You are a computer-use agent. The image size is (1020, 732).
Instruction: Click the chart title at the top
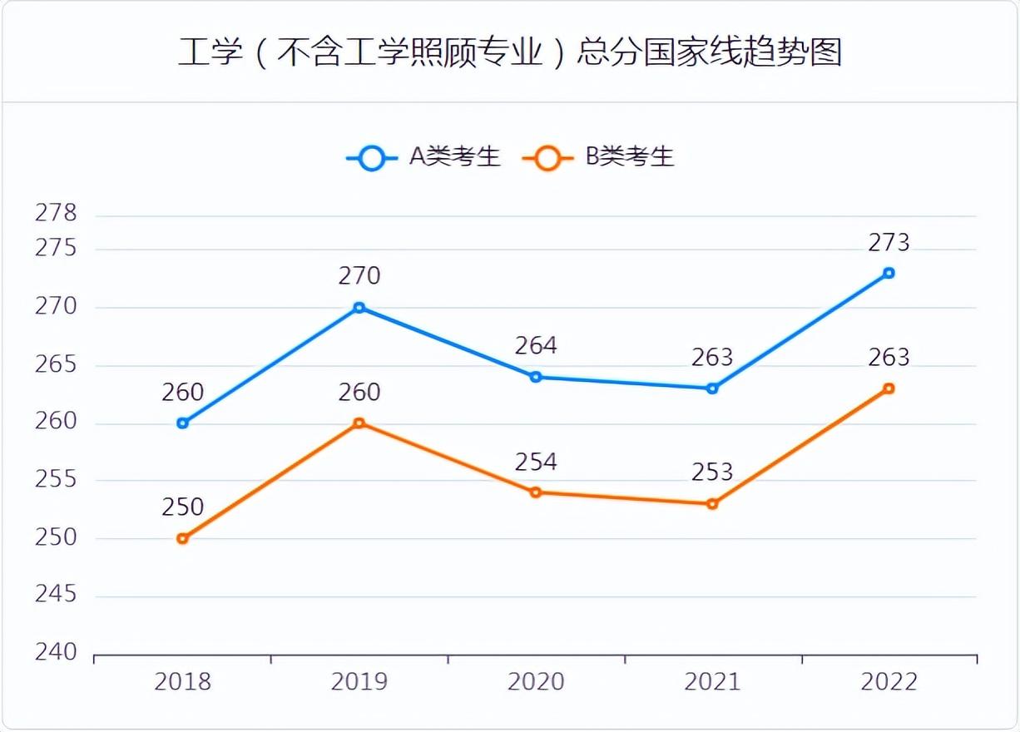tap(510, 52)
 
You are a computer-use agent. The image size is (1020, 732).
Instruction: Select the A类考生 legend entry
tap(424, 157)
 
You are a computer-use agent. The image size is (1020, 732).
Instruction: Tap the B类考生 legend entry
tap(599, 157)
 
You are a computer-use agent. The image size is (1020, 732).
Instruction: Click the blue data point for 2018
tap(183, 423)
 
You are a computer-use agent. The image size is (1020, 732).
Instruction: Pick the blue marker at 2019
tap(359, 308)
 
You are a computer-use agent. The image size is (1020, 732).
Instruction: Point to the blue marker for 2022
tap(889, 273)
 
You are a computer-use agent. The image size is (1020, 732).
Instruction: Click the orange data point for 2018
tap(183, 539)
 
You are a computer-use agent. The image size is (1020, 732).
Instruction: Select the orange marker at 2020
tap(536, 492)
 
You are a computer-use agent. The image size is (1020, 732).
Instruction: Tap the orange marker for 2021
tap(712, 504)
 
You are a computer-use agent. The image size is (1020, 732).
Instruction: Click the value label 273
tap(889, 243)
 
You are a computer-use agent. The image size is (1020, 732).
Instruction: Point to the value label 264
tap(536, 345)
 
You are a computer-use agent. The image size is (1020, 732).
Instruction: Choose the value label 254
tap(536, 462)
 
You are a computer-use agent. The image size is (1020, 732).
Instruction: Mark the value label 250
tap(183, 507)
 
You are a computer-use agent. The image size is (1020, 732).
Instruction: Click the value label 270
tap(359, 275)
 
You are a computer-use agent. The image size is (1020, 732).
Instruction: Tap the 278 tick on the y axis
tap(55, 214)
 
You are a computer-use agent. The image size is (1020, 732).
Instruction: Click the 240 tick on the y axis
tap(55, 653)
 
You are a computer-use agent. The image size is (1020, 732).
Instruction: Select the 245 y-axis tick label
tap(55, 595)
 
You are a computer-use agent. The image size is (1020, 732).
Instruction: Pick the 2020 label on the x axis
tap(536, 683)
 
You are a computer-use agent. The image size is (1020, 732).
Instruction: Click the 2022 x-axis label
tap(889, 683)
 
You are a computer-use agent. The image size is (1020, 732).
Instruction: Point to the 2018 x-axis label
tap(183, 683)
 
